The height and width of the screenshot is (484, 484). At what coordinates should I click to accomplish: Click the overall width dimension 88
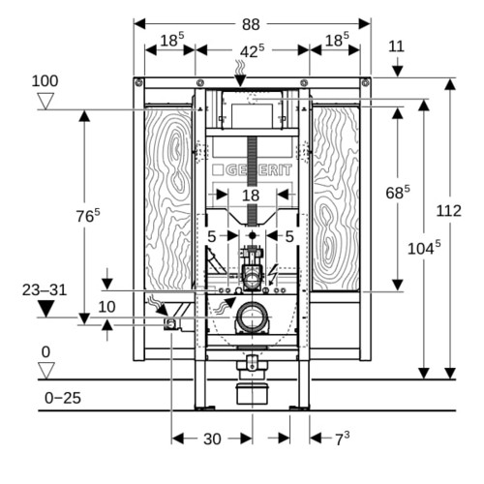tap(251, 24)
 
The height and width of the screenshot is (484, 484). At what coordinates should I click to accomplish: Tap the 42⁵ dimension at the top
tap(252, 51)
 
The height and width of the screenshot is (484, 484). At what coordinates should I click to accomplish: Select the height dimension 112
tap(448, 211)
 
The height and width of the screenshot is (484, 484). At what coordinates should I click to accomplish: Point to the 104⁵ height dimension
tap(424, 248)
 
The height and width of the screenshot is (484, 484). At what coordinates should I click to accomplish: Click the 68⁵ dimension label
tap(398, 193)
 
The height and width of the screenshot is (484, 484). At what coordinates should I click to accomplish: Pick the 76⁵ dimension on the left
tap(88, 216)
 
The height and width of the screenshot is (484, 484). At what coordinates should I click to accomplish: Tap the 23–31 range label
tap(45, 290)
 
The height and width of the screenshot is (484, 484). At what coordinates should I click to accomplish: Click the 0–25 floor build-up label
tap(63, 398)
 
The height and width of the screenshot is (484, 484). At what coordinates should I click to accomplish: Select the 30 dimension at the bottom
tap(212, 439)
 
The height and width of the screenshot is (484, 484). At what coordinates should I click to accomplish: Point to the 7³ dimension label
tap(343, 439)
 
